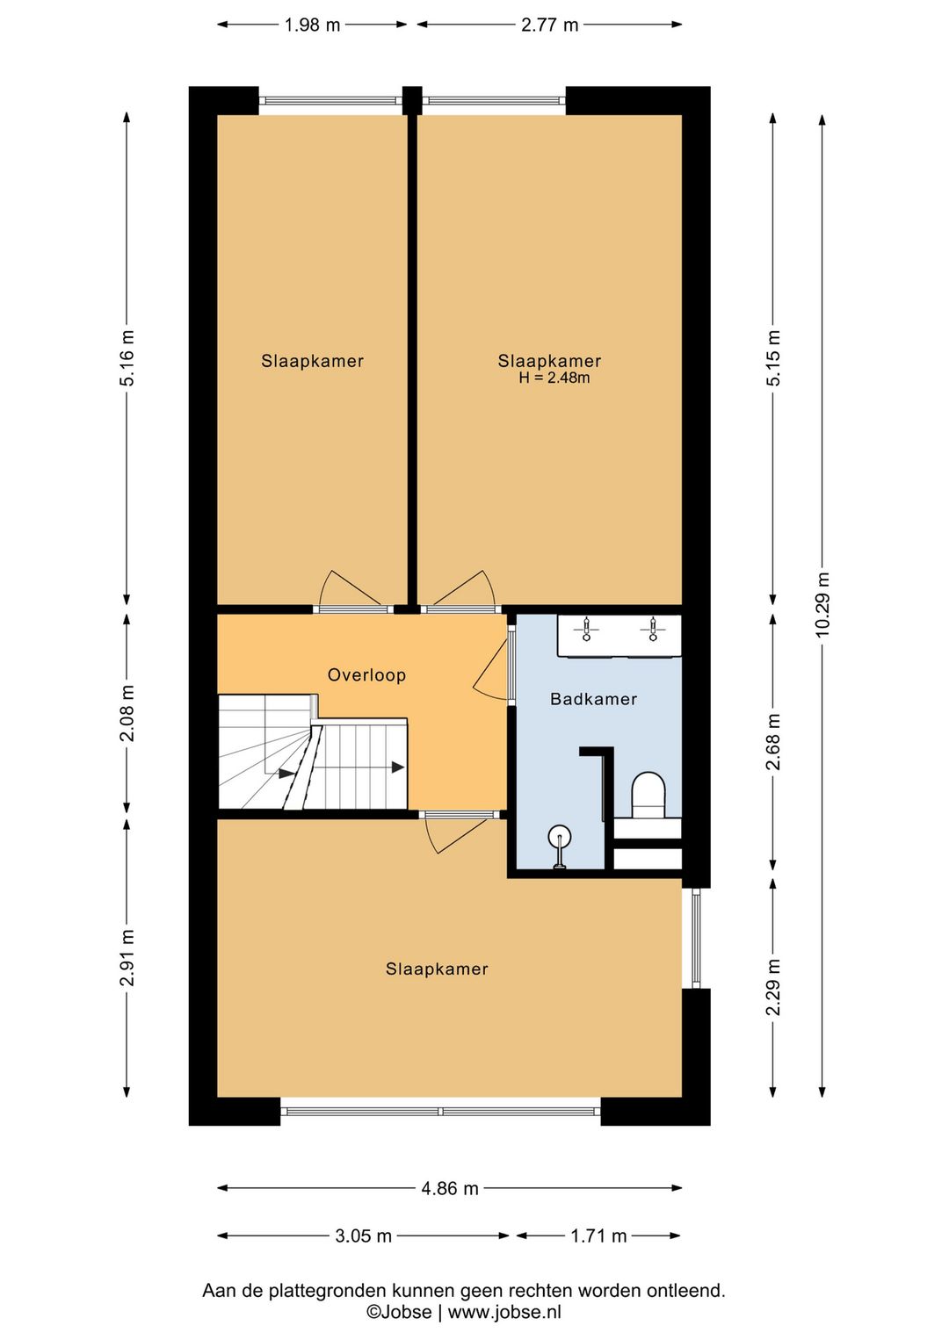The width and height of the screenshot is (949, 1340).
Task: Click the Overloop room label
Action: click(366, 675)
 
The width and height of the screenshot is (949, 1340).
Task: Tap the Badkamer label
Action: click(593, 699)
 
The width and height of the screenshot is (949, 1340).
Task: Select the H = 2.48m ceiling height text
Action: click(554, 378)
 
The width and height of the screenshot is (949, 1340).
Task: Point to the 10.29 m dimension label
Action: click(822, 604)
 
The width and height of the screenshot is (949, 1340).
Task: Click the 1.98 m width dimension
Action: click(312, 25)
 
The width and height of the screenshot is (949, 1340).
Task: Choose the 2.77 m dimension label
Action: click(550, 25)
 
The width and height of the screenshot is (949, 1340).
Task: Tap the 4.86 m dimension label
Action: click(450, 1188)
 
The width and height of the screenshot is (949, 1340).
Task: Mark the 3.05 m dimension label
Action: click(363, 1236)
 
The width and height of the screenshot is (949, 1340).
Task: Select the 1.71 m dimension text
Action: click(598, 1236)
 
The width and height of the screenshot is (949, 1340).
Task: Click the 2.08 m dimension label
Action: click(127, 713)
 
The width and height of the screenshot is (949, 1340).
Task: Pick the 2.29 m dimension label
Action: click(773, 987)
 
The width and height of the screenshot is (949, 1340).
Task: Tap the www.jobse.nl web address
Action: click(504, 1312)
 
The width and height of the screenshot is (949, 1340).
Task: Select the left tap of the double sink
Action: click(587, 630)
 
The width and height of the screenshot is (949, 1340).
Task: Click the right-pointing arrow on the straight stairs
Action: click(398, 767)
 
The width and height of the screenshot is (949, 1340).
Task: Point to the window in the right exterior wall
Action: click(696, 938)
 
